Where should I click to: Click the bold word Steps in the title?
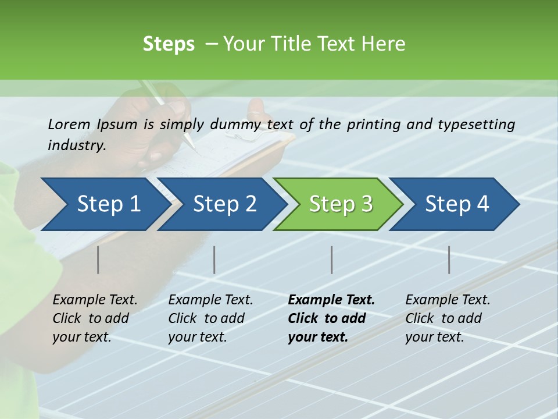pyautogui.click(x=169, y=44)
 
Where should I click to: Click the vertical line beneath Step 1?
pyautogui.click(x=98, y=260)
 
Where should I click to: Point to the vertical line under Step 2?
pyautogui.click(x=214, y=260)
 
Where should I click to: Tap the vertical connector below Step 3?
pyautogui.click(x=332, y=260)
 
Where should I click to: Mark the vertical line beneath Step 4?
pyautogui.click(x=449, y=260)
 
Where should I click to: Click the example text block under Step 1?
pyautogui.click(x=94, y=318)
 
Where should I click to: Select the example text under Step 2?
pyautogui.click(x=210, y=318)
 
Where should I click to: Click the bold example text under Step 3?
pyautogui.click(x=331, y=318)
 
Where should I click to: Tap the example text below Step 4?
pyautogui.click(x=447, y=318)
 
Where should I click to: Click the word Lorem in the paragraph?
pyautogui.click(x=69, y=125)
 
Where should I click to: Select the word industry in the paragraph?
pyautogui.click(x=76, y=145)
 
